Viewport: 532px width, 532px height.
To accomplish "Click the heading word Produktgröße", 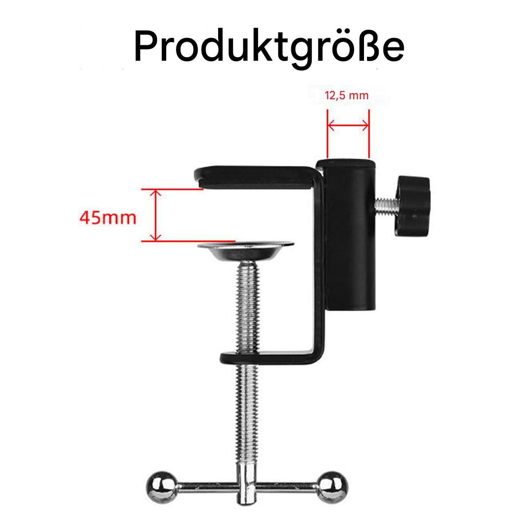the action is click(x=269, y=48).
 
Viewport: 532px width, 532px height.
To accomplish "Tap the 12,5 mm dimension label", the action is click(x=347, y=96).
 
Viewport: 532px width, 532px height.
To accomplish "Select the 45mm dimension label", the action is click(x=108, y=218).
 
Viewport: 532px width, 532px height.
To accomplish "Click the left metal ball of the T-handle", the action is click(x=161, y=487).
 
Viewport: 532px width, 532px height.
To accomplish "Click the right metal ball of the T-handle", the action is click(x=332, y=487).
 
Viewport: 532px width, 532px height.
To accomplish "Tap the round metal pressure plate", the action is click(x=246, y=250).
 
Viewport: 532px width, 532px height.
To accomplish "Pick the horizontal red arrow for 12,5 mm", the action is click(x=348, y=126).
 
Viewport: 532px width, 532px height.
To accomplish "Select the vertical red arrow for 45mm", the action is click(x=156, y=215).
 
